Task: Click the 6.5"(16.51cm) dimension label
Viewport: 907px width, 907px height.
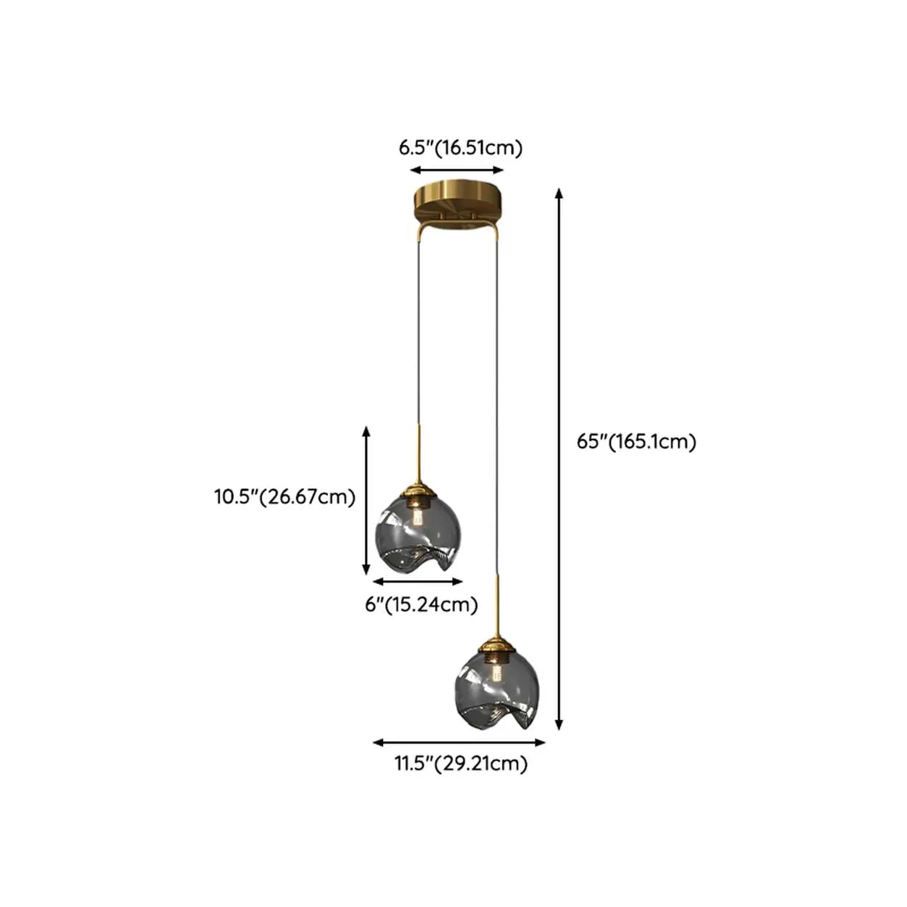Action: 461,149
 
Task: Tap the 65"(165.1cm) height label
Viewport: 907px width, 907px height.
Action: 636,442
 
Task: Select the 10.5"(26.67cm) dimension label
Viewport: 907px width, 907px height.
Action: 284,497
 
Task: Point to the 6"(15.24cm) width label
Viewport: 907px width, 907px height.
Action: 422,605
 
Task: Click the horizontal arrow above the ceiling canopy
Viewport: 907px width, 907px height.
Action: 457,171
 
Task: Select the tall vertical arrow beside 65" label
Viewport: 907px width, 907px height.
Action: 559,459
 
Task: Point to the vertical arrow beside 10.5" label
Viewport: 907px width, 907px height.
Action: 366,501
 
